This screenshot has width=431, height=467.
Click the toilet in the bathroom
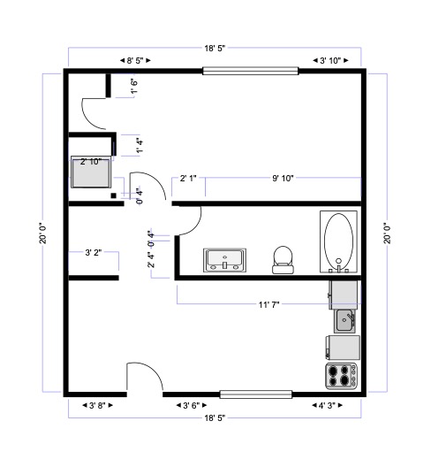(283, 260)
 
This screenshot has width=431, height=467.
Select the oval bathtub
(339, 241)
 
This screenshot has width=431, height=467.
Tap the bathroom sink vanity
(225, 260)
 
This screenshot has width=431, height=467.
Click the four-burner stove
(342, 376)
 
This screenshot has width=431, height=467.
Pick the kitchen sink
(344, 321)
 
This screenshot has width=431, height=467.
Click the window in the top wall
(251, 71)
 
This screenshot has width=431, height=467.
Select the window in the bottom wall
(256, 394)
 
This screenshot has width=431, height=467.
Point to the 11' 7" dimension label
(268, 304)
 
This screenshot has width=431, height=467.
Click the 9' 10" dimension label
(283, 179)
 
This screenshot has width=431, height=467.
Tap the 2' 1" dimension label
(188, 179)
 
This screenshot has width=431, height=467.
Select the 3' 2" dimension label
(94, 253)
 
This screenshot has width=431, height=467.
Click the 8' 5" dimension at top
(135, 60)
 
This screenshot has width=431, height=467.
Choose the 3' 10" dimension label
(330, 60)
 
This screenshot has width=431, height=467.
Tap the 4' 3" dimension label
(327, 405)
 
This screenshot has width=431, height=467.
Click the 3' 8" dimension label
(97, 405)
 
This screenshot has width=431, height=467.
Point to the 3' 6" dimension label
(192, 405)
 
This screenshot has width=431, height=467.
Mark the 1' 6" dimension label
(134, 86)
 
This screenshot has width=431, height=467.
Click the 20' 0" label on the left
(43, 233)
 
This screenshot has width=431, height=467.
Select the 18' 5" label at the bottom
(215, 417)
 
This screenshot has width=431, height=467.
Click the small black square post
(114, 195)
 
